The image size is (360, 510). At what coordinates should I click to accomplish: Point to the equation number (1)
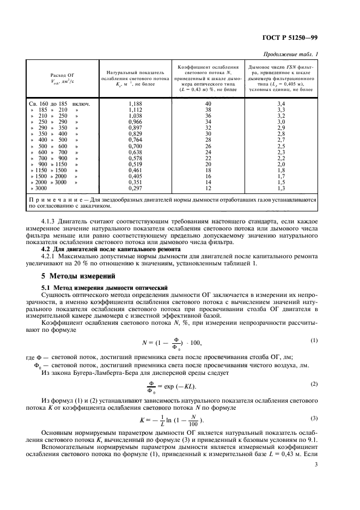[314, 341]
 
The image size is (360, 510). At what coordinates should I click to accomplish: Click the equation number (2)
[314, 384]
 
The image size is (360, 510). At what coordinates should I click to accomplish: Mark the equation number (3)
[314, 418]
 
